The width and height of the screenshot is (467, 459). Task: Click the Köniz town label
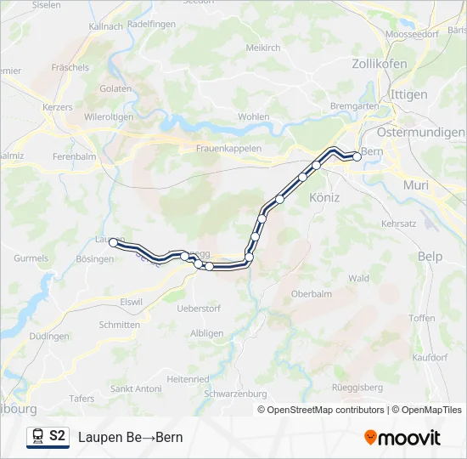[x=324, y=197]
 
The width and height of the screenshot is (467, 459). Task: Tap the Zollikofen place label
[x=379, y=64]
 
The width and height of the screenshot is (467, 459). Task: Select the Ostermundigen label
[x=420, y=133]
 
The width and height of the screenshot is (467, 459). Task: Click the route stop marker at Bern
[x=357, y=156]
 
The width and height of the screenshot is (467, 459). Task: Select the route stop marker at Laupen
[x=113, y=243]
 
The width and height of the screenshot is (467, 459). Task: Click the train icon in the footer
[x=37, y=437]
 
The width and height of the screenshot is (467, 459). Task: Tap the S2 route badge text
[x=57, y=437]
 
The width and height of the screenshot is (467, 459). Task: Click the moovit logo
[x=402, y=438]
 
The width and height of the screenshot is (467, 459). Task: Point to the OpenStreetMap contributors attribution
[x=325, y=410]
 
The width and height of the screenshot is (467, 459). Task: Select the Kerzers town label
[x=58, y=108]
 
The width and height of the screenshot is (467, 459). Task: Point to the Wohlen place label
[x=253, y=116]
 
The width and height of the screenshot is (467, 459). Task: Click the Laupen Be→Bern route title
[x=130, y=438]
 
